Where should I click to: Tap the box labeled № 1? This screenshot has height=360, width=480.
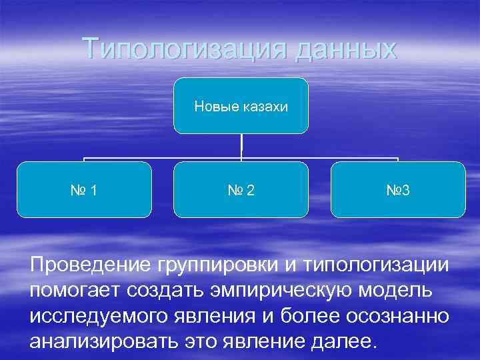[x=84, y=190]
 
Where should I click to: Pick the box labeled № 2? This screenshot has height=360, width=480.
[x=241, y=190]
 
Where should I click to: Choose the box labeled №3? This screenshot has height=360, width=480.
[x=397, y=190]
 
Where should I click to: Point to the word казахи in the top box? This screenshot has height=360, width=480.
[x=263, y=107]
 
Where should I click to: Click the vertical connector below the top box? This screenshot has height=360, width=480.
[x=241, y=147]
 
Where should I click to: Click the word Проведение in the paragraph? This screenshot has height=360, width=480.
[x=91, y=266]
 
